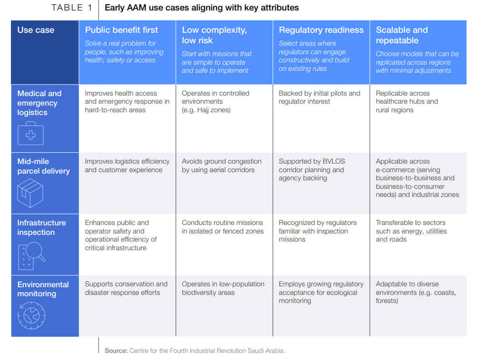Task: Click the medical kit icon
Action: click(x=30, y=133)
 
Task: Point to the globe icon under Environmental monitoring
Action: click(x=31, y=315)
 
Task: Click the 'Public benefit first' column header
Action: click(x=121, y=30)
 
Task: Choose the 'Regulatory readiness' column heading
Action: click(x=321, y=30)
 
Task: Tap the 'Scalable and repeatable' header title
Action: click(x=402, y=35)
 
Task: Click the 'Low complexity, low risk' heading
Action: click(x=214, y=35)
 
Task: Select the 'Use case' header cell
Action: click(x=36, y=30)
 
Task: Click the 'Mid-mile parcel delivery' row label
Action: click(x=43, y=166)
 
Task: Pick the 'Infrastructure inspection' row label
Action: click(x=41, y=227)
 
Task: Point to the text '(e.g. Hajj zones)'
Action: click(x=206, y=110)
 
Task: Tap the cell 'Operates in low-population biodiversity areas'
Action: click(x=223, y=288)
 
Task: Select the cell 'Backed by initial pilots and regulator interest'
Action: click(x=319, y=97)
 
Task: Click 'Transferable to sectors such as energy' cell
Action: click(x=411, y=231)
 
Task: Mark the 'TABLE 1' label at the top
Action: click(x=72, y=8)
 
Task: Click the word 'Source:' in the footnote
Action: click(x=116, y=350)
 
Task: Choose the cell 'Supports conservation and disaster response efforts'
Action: click(x=126, y=288)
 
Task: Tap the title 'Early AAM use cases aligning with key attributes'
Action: click(x=202, y=8)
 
